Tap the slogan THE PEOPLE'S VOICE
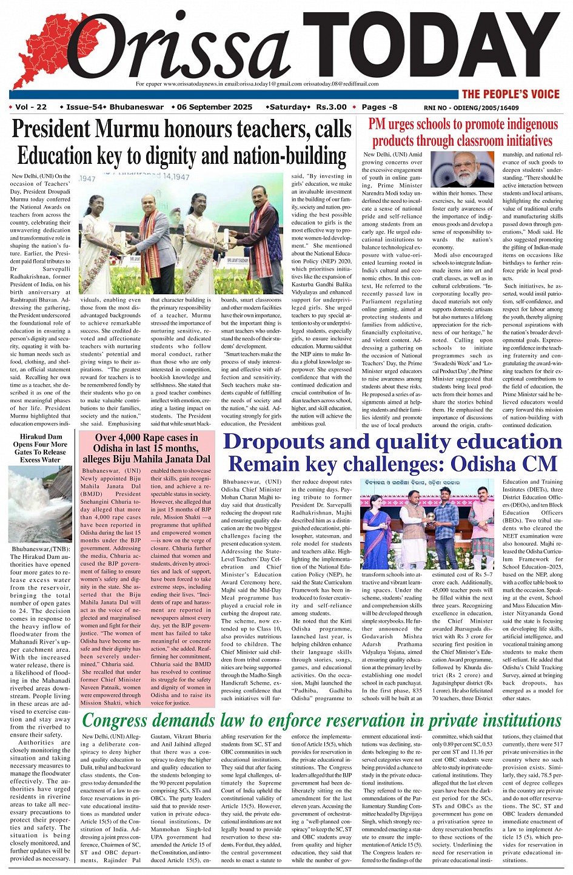tap(511, 94)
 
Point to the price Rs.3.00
tap(331, 107)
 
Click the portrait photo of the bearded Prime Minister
tap(463, 169)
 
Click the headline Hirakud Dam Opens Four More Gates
tap(40, 448)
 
